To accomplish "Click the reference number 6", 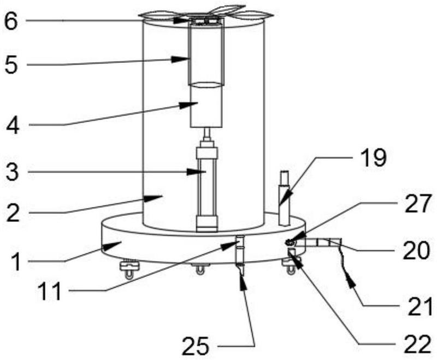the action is [x=11, y=22].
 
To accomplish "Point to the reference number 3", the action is [x=13, y=172].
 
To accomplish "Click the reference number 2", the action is [x=13, y=213].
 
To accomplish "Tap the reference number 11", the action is [x=50, y=292].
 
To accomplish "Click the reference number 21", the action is [x=420, y=306].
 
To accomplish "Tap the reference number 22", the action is [x=418, y=344].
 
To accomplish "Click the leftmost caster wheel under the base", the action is [x=128, y=269].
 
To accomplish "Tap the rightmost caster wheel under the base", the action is [x=291, y=267].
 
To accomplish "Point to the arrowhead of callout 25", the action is [x=243, y=281].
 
